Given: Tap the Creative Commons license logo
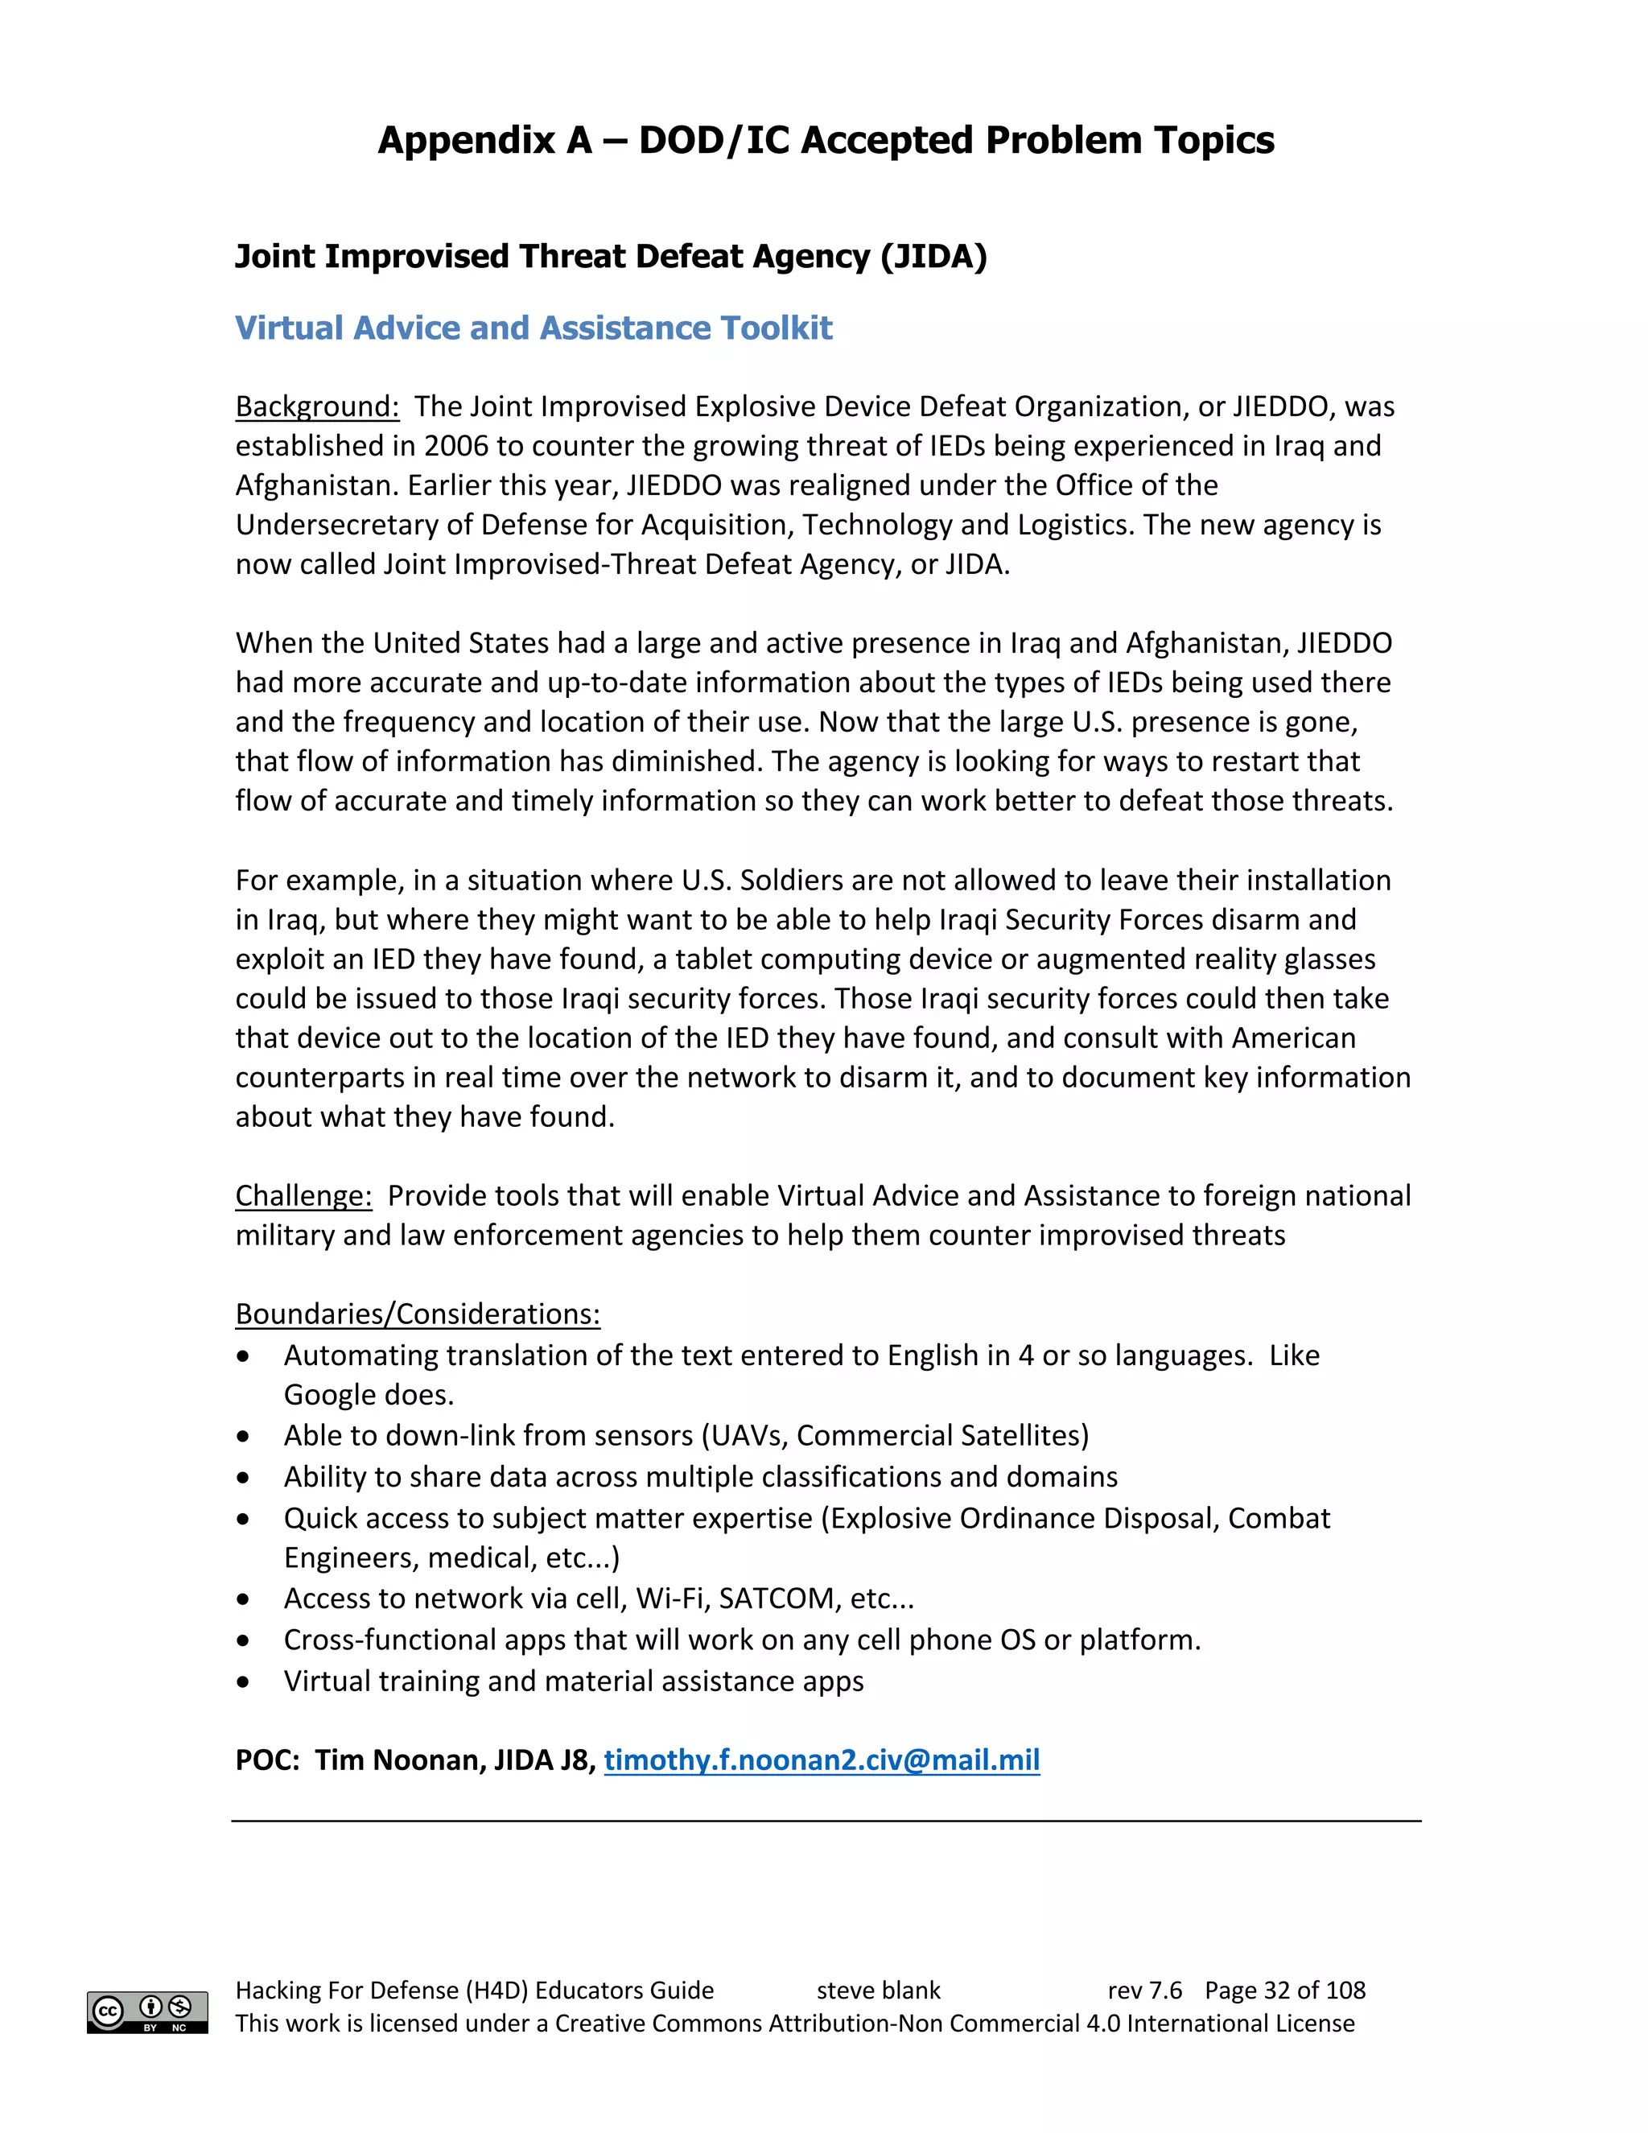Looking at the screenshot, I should coord(147,2012).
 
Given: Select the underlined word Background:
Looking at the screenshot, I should coord(317,406).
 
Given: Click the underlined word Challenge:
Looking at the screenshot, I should coord(303,1195).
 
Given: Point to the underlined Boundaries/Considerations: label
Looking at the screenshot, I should coord(418,1314).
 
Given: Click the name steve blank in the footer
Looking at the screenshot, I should coord(878,1991).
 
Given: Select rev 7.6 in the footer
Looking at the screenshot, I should coord(1144,1991).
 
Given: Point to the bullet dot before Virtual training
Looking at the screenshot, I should coord(243,1681).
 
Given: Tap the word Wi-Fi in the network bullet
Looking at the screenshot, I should coord(672,1598).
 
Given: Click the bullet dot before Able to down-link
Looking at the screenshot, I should coord(243,1436).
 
